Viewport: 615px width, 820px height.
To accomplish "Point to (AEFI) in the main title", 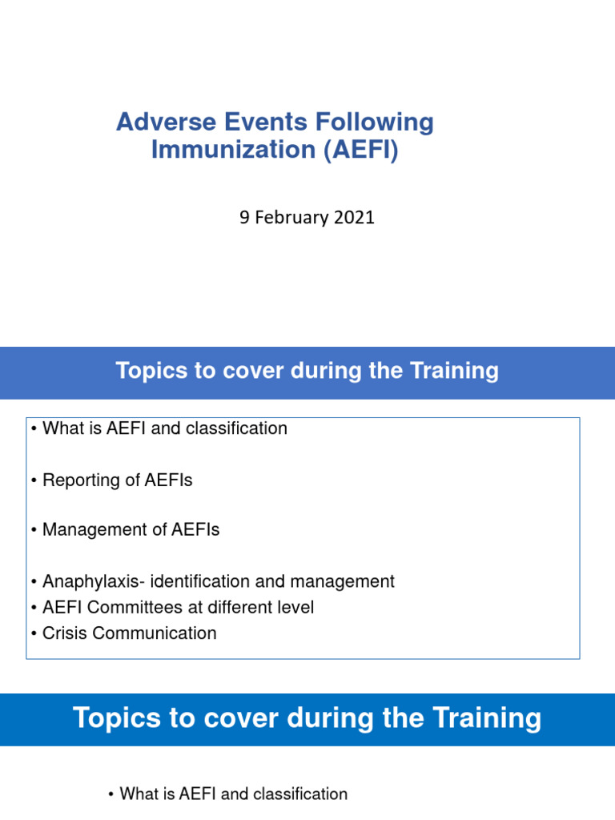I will coord(360,150).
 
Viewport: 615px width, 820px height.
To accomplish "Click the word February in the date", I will coord(293,217).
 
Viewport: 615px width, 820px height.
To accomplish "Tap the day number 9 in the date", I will coord(244,217).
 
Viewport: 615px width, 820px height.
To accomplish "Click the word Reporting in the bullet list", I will coord(78,480).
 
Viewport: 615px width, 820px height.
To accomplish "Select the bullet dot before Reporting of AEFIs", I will coord(34,480).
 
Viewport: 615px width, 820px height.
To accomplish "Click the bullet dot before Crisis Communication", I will coord(34,633).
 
